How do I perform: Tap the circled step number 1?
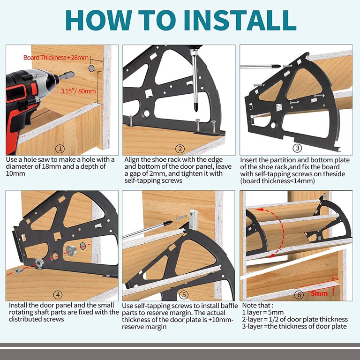[x=60, y=149]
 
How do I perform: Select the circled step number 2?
[x=180, y=149]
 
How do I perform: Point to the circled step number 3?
[x=297, y=148]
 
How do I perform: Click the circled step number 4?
[x=58, y=295]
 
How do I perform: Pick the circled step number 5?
[x=184, y=295]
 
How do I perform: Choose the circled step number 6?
[x=299, y=294]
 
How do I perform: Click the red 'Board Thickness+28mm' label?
[x=56, y=57]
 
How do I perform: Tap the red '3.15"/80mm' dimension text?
[x=78, y=91]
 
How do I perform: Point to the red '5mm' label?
[x=319, y=293]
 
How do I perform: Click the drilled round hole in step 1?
[x=91, y=68]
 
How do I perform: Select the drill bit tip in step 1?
[x=74, y=73]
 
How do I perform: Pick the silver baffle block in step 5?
[x=193, y=219]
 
